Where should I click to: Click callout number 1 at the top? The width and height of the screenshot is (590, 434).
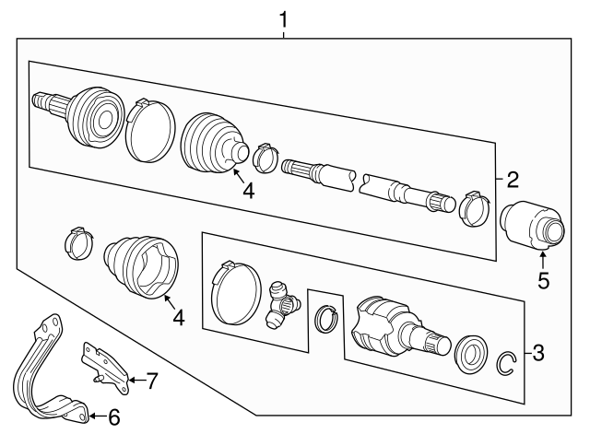(285, 18)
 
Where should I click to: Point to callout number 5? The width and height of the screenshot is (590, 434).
(544, 281)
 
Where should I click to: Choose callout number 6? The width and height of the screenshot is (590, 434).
(113, 417)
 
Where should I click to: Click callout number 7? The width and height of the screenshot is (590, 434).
(153, 378)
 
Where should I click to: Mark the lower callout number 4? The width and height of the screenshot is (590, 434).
(179, 318)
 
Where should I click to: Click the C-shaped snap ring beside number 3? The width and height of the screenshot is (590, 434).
(505, 363)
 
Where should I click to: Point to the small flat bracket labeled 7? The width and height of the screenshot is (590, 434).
(103, 362)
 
